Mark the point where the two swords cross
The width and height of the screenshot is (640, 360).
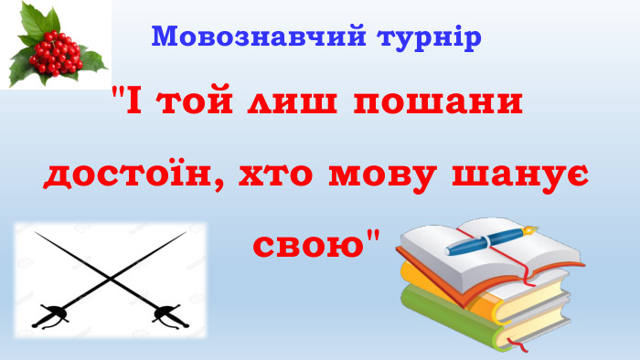[x=109, y=273]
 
